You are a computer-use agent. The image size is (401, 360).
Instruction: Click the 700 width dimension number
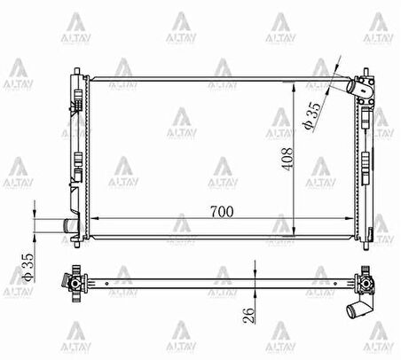(x=222, y=212)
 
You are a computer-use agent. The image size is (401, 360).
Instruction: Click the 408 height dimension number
(x=287, y=159)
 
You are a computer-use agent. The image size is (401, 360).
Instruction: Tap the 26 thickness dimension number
(x=248, y=316)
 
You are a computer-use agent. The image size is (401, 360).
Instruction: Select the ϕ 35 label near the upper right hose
(x=311, y=116)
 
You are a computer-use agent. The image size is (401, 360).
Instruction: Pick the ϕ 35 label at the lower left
(x=28, y=267)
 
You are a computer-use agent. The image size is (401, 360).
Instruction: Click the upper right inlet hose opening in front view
(x=351, y=86)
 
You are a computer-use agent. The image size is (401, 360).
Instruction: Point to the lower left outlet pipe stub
(x=67, y=227)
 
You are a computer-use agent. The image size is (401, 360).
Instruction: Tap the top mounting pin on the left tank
(x=77, y=71)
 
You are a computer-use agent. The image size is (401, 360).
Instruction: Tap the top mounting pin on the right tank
(x=366, y=72)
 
